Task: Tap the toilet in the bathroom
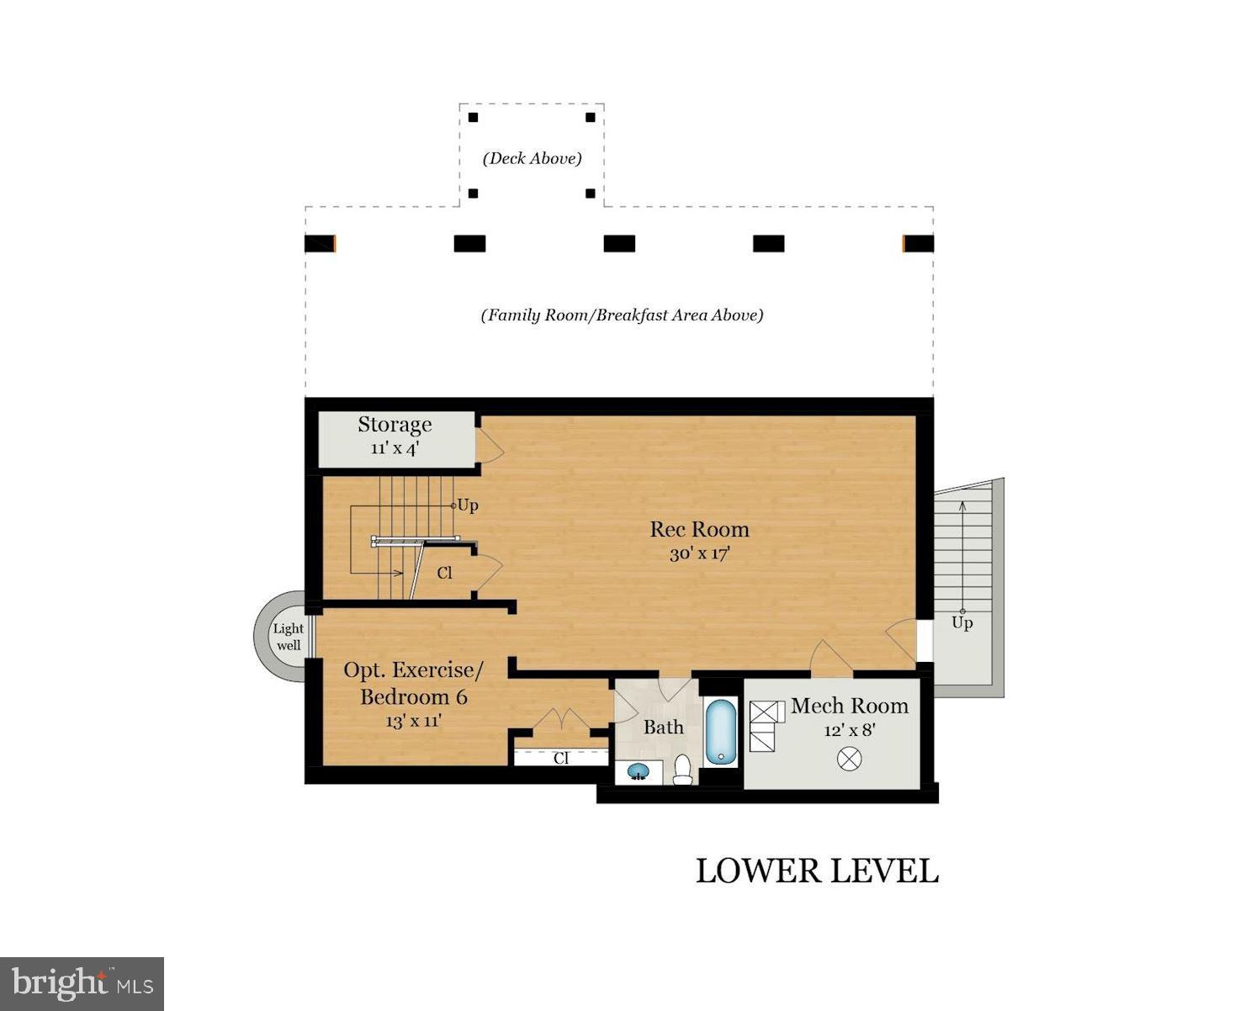(681, 770)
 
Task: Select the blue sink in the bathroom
(638, 772)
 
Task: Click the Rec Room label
(699, 529)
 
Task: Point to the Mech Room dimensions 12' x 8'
(849, 730)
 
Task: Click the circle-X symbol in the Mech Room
(849, 759)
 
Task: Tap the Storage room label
(395, 425)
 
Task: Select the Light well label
(289, 637)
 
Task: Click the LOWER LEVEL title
(817, 871)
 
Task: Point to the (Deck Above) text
(533, 158)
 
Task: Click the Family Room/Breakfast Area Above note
(623, 315)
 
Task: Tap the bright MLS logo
(82, 984)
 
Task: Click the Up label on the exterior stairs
(962, 623)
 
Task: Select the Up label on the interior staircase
(468, 505)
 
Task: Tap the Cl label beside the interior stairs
(445, 574)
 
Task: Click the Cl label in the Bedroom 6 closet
(561, 759)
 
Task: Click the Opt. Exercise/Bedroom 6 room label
(413, 683)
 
